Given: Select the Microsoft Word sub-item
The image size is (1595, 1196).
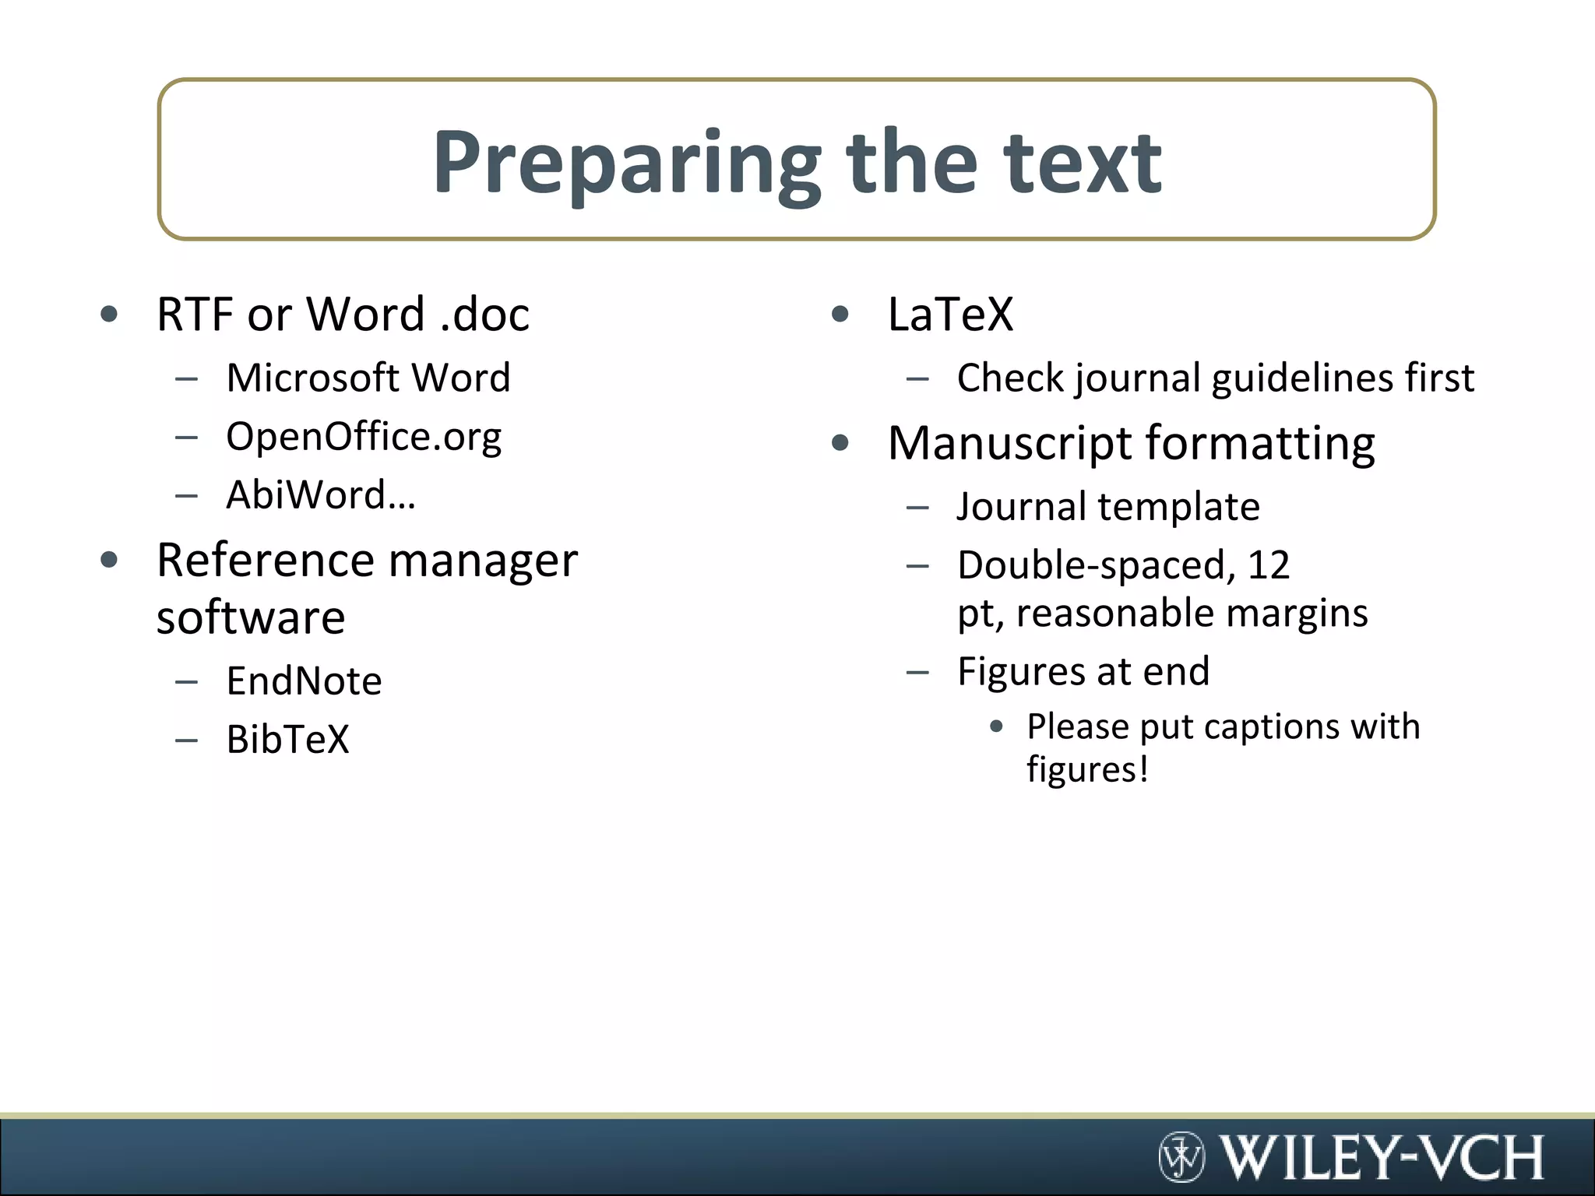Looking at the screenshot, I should [368, 378].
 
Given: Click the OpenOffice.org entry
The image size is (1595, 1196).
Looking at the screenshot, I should [364, 437].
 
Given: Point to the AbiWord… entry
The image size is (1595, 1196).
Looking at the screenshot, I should [321, 495].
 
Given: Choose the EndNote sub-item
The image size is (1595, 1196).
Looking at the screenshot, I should [304, 681].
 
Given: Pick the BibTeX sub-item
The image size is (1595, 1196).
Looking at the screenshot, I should [287, 740].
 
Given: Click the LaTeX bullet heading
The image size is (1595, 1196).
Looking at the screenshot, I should [950, 315].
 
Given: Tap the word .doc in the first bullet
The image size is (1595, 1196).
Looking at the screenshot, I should [484, 315].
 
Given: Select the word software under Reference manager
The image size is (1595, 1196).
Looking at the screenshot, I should [251, 618].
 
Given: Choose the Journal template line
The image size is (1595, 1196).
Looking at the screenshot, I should [1107, 507].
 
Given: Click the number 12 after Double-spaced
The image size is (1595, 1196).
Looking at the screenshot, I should [1269, 565].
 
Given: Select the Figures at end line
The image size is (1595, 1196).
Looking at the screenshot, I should [1083, 672].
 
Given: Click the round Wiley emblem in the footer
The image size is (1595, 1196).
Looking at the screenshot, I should [1181, 1156].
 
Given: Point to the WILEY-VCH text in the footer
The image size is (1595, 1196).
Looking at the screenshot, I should [1381, 1157].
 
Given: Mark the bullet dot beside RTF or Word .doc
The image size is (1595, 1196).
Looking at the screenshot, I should [109, 315].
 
